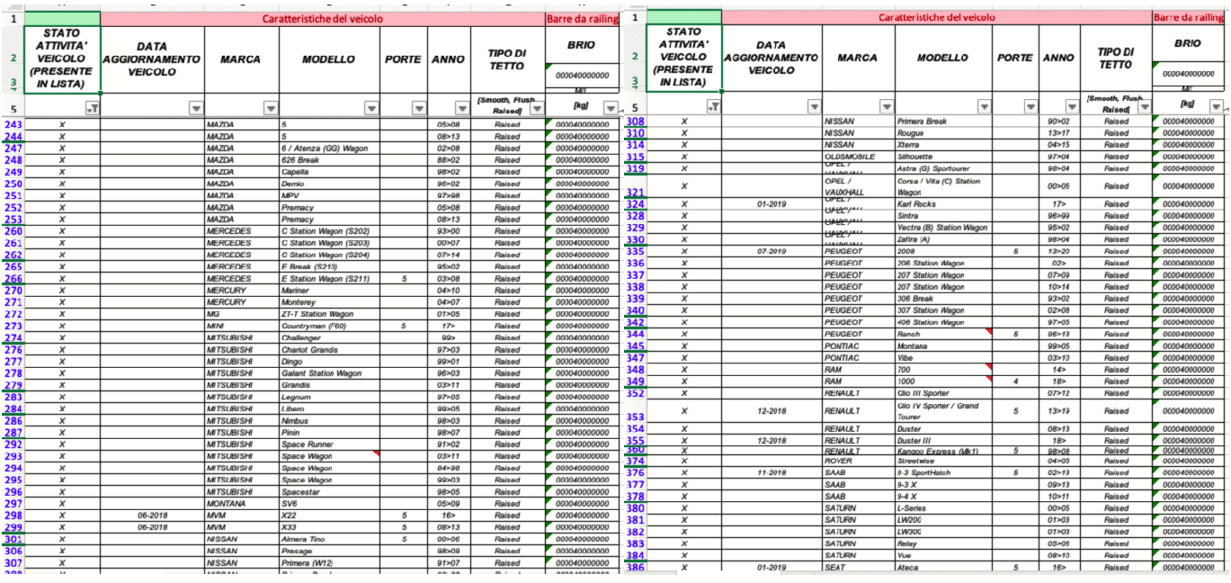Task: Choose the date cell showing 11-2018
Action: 772,472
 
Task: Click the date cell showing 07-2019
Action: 772,252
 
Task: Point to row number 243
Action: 13,124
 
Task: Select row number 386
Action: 635,568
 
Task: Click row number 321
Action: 635,192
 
